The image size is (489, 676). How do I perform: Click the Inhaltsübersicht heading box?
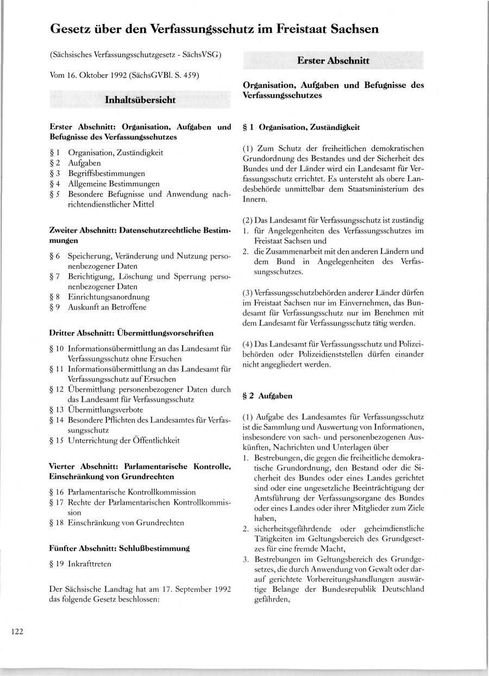[x=140, y=100]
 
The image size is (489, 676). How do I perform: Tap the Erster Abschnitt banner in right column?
[x=333, y=61]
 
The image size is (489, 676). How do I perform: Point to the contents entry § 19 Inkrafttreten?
[x=80, y=564]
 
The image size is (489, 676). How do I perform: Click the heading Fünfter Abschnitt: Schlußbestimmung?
[x=119, y=548]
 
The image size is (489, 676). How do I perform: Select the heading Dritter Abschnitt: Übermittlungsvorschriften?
[x=131, y=332]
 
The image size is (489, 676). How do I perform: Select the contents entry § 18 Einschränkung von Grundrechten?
[x=116, y=523]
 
